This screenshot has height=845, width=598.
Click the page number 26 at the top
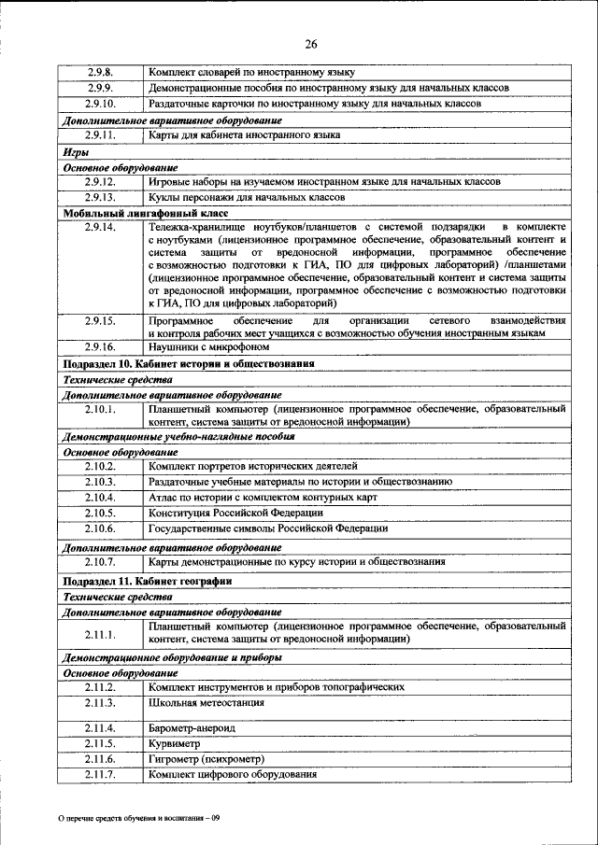tap(310, 43)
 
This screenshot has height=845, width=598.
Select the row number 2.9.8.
tap(100, 72)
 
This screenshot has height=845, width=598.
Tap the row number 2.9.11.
tap(100, 135)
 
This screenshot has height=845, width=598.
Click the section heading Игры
tap(76, 151)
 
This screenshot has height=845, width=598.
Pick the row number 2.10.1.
tap(100, 409)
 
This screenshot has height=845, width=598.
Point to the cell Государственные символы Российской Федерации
tap(267, 528)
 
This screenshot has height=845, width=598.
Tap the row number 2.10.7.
tap(100, 562)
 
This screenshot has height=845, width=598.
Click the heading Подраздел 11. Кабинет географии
tap(147, 581)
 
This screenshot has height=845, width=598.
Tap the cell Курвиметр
tap(175, 744)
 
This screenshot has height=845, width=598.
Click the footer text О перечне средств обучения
tap(138, 819)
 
